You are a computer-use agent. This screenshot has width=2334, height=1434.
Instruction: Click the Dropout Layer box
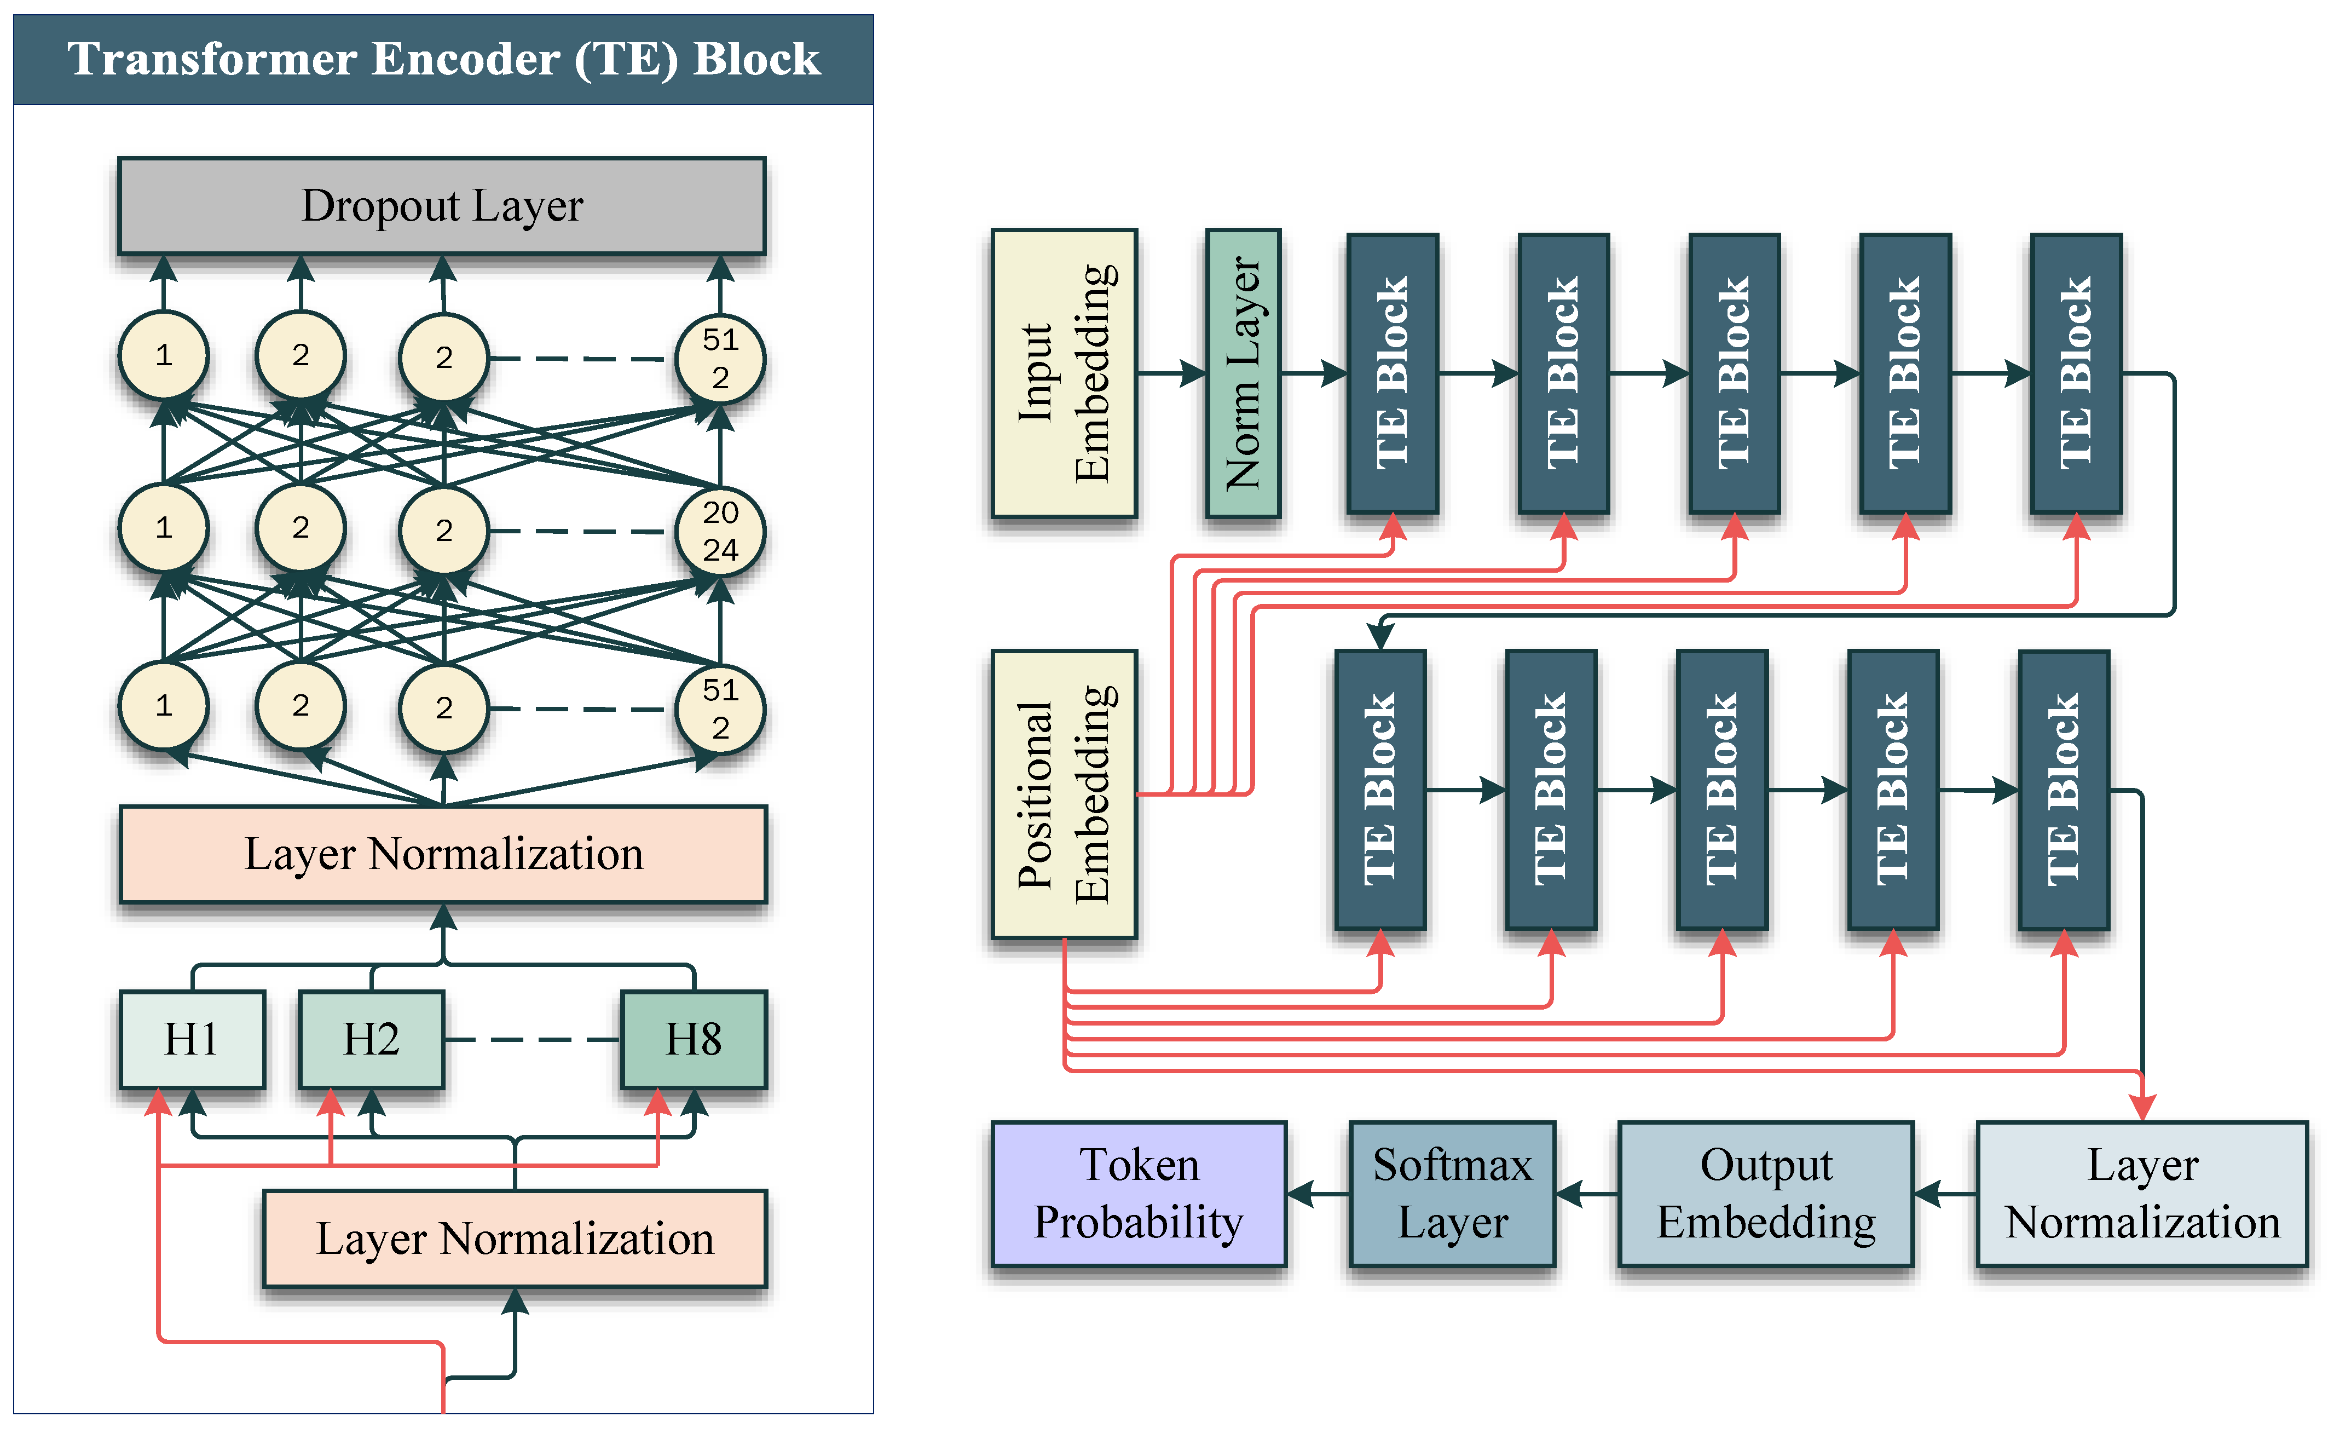pos(442,206)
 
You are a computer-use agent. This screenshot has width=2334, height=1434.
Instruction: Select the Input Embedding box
pos(1064,373)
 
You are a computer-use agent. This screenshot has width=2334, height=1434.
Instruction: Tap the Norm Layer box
pos(1243,373)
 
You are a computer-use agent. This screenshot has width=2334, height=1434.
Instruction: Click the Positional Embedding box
pos(1064,794)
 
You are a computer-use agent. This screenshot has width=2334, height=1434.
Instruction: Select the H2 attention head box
pos(371,1039)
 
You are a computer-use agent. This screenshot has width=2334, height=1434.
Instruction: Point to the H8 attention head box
pos(693,1039)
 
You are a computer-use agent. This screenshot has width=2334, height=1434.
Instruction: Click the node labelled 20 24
pos(720,531)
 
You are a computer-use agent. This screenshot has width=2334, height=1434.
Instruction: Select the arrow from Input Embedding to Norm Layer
pos(1172,373)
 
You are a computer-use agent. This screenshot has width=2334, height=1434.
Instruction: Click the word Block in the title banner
pos(756,59)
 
